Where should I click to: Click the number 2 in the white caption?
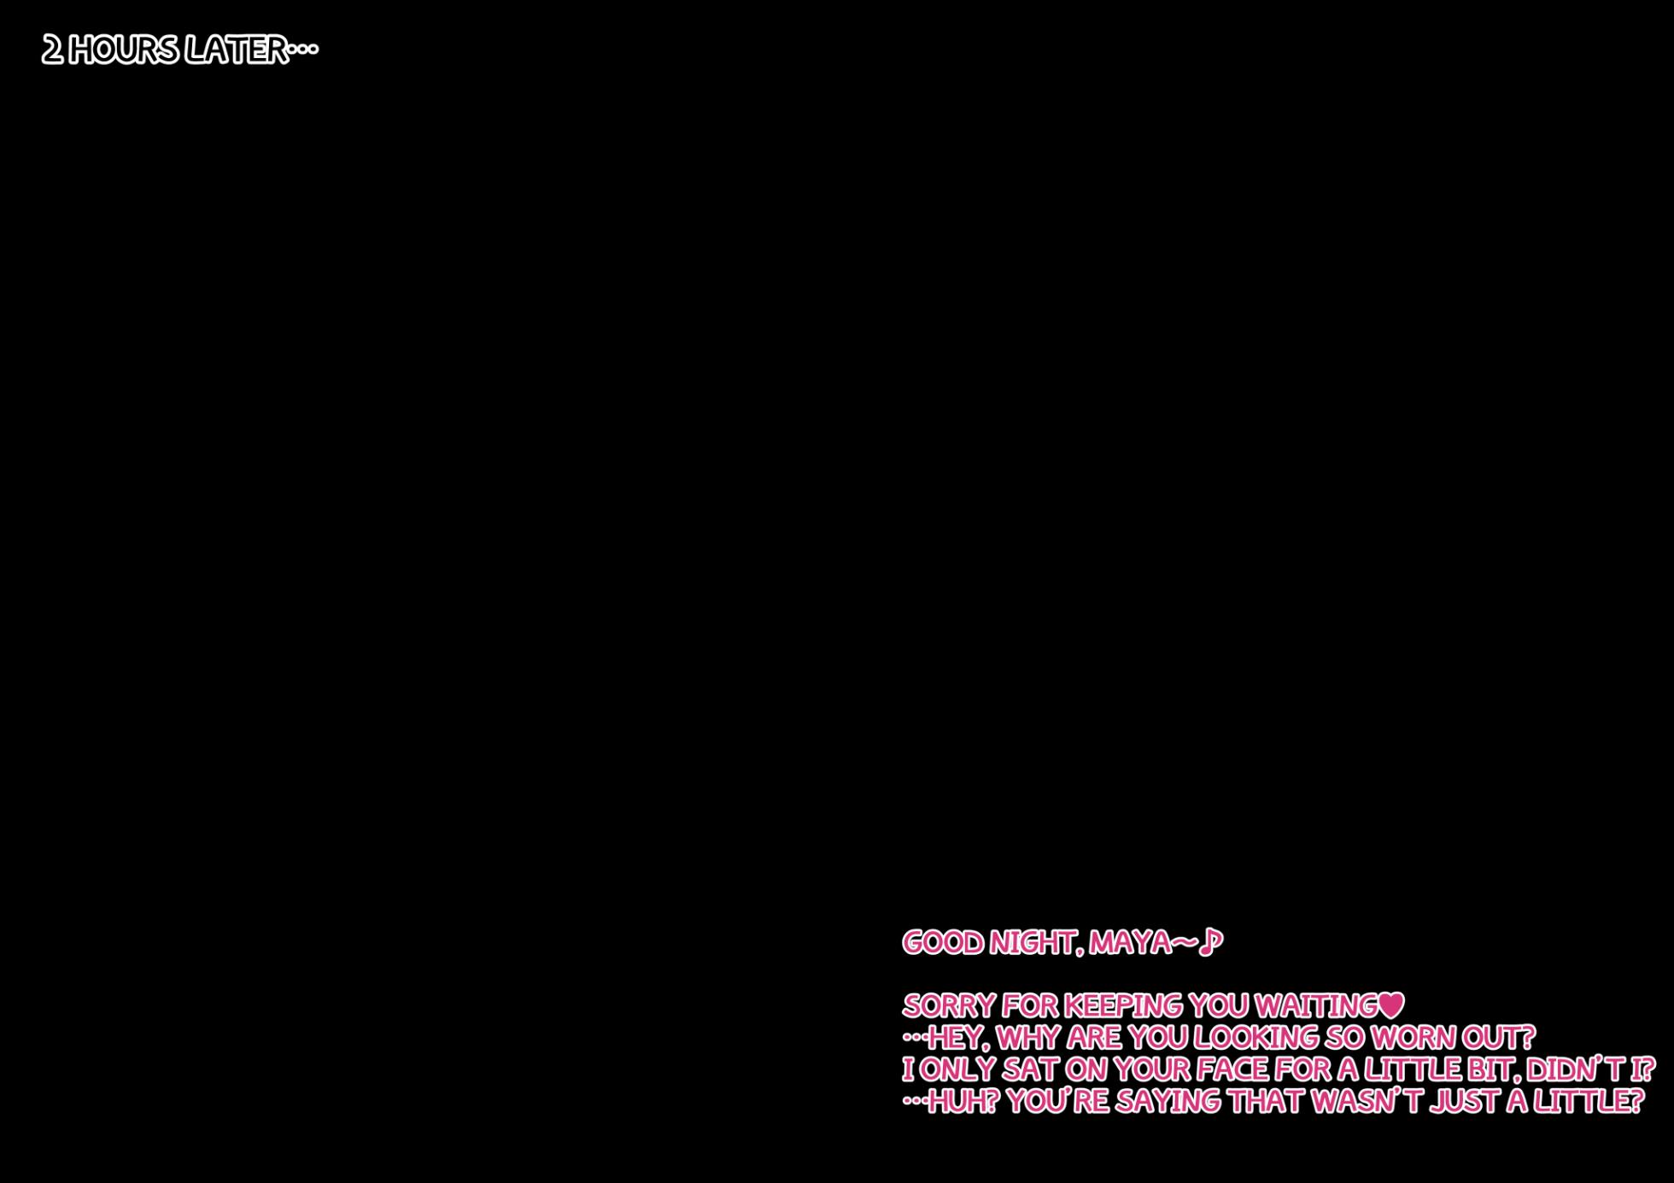(x=52, y=50)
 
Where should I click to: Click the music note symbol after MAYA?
(x=1211, y=943)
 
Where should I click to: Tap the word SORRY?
(x=949, y=1006)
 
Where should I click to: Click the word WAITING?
(x=1316, y=1006)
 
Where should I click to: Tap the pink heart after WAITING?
(x=1391, y=1005)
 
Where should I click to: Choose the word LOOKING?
(x=1255, y=1038)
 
